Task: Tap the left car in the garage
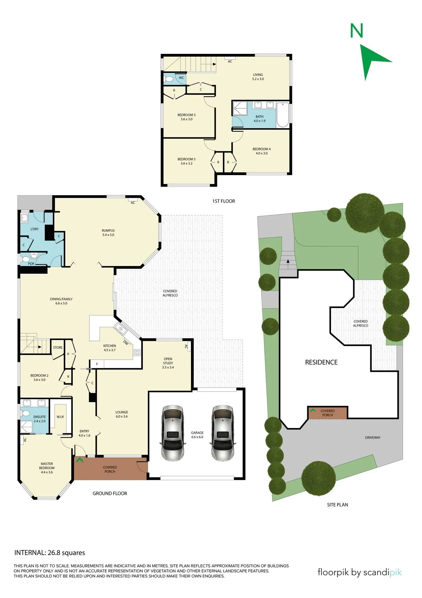172,433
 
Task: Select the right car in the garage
223,433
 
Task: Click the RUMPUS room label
108,230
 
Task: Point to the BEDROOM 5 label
187,159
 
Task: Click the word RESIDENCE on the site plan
321,362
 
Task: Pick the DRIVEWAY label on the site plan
373,438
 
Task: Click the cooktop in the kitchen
137,353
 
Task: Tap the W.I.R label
60,417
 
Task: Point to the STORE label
58,348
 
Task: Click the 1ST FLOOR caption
224,201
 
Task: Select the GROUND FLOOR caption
110,493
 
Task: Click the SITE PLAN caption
337,505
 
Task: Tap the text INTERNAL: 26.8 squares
50,553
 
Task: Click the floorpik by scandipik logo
359,572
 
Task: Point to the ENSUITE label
39,417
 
